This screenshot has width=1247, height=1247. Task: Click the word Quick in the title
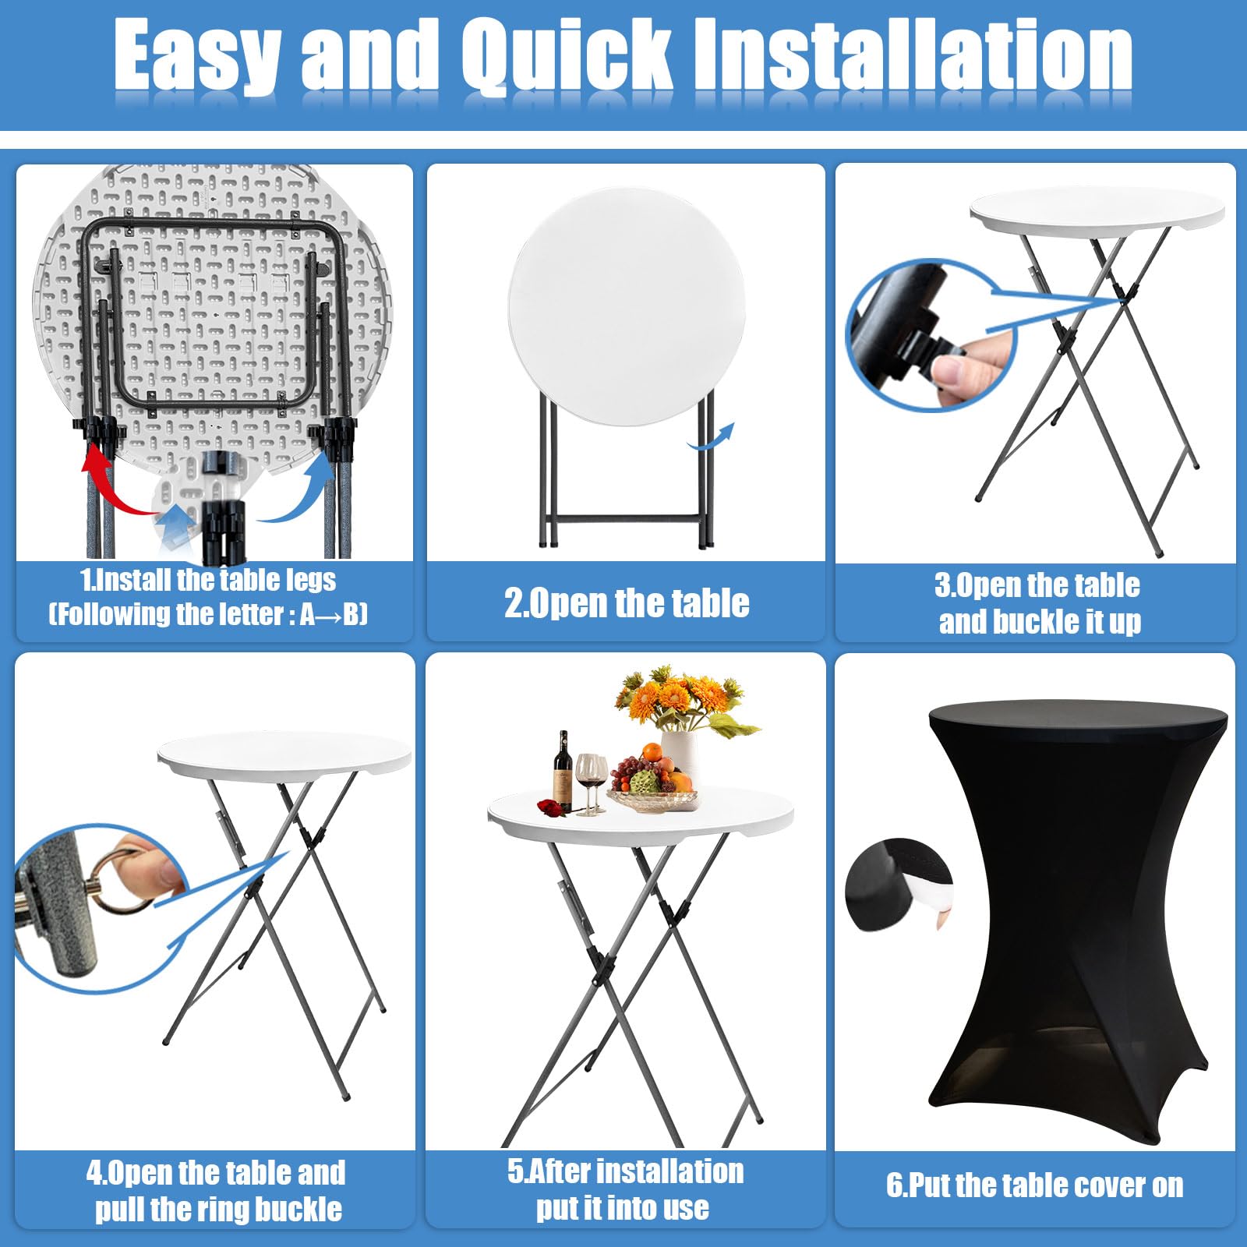click(567, 56)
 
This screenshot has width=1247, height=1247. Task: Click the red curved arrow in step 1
click(117, 483)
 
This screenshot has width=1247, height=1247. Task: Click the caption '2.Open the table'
click(627, 603)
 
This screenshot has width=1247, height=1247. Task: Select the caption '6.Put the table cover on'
click(1035, 1185)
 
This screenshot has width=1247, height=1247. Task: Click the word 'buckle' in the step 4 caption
click(299, 1209)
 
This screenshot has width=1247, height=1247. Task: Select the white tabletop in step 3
click(1097, 209)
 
